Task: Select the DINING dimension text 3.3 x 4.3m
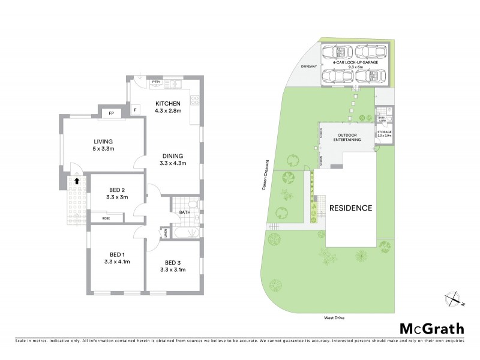pyautogui.click(x=171, y=163)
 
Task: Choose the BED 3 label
pyautogui.click(x=173, y=262)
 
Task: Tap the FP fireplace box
pyautogui.click(x=111, y=113)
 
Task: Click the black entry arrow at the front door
pyautogui.click(x=77, y=179)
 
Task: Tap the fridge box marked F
pyautogui.click(x=136, y=110)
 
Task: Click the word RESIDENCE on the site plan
pyautogui.click(x=351, y=208)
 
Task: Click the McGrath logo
pyautogui.click(x=431, y=328)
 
